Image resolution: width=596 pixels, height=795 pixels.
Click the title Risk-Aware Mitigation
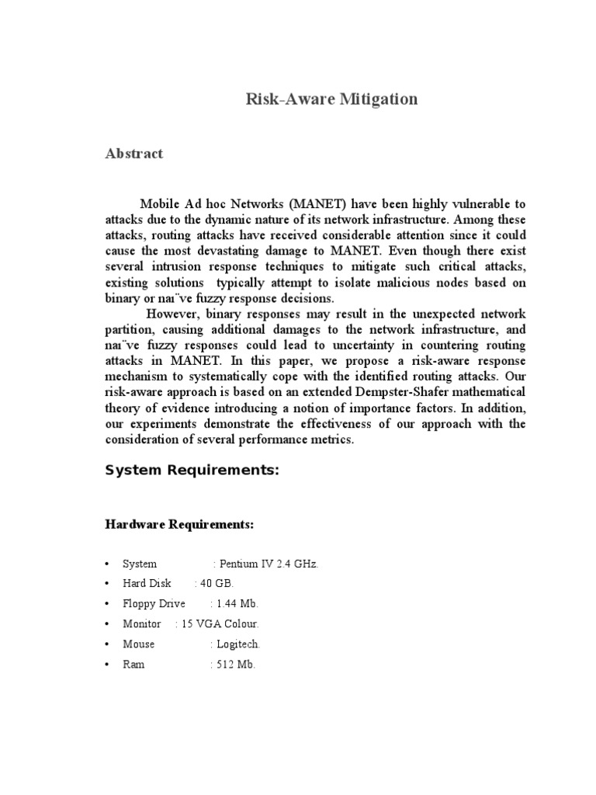pyautogui.click(x=331, y=99)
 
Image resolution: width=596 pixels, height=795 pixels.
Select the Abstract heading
pyautogui.click(x=134, y=154)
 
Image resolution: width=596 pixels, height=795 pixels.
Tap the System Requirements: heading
pyautogui.click(x=192, y=471)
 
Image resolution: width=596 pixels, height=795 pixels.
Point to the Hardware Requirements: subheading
pyautogui.click(x=179, y=525)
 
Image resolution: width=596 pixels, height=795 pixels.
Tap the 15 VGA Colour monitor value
pyautogui.click(x=220, y=624)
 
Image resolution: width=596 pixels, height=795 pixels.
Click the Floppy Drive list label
pyautogui.click(x=154, y=604)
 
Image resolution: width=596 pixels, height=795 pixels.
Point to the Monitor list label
pyautogui.click(x=142, y=624)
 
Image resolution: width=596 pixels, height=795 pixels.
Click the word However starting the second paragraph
pyautogui.click(x=173, y=313)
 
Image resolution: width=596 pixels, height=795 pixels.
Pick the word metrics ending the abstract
pyautogui.click(x=331, y=439)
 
